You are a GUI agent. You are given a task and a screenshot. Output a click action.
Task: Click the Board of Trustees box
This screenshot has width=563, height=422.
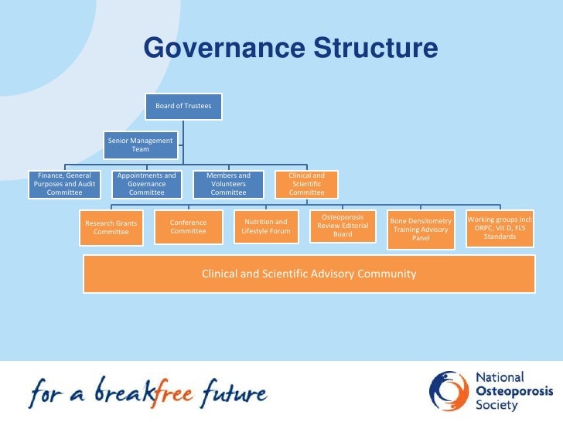[x=183, y=106]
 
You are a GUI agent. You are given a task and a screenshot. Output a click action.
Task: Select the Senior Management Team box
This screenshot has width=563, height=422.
[x=141, y=145]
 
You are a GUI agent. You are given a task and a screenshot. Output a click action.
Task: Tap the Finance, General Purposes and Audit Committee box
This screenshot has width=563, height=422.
[x=64, y=184]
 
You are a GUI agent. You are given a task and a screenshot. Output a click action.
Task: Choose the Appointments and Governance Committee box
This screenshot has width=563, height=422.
[x=146, y=184]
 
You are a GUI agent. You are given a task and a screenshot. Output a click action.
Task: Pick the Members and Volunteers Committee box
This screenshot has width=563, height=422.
[x=228, y=184]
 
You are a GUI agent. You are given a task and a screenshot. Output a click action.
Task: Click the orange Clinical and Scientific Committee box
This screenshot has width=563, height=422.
[x=307, y=184]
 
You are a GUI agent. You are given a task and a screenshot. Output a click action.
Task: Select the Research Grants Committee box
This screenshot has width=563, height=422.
[x=111, y=227]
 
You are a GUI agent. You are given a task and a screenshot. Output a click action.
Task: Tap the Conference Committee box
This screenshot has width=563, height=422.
[x=188, y=226]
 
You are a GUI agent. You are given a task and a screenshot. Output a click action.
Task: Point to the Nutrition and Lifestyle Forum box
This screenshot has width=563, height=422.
[x=265, y=226]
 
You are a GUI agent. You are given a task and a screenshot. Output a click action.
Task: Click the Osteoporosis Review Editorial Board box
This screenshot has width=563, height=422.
[x=343, y=226]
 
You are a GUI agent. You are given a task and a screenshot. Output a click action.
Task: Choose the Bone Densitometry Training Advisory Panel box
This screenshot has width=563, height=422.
[x=421, y=230]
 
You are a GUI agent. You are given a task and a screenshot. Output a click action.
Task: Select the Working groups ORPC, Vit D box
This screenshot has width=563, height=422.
[x=500, y=228]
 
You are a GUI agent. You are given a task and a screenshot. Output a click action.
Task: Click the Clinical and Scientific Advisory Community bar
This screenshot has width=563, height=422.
[x=309, y=274]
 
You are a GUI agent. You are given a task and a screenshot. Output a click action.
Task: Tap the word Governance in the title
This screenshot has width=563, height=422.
[x=224, y=49]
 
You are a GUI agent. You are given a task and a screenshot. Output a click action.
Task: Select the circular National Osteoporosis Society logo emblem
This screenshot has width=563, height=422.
[x=448, y=392]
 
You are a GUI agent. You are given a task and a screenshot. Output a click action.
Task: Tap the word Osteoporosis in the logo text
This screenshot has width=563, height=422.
[x=509, y=391]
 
